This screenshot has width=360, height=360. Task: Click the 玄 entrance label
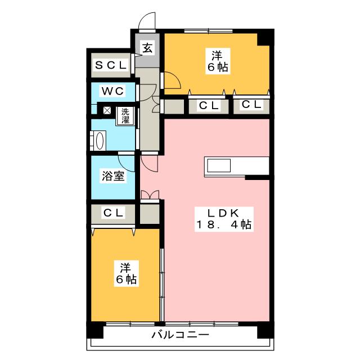coord(146,48)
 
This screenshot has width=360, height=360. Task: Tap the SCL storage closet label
coord(110,66)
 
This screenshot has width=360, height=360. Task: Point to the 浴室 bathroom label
coord(113,176)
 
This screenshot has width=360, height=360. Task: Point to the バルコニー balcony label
coord(180,336)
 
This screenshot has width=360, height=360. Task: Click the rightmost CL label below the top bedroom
coord(251,105)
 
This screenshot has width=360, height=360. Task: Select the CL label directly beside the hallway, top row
coord(208,105)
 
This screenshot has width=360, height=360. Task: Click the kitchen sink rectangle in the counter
coord(218,165)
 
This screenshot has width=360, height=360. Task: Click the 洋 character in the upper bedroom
coord(216,56)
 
